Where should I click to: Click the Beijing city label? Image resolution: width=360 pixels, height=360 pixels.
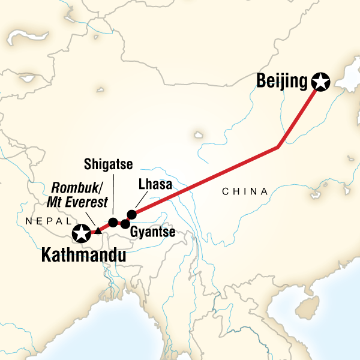click(x=281, y=80)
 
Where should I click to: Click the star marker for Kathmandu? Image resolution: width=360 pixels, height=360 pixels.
click(x=80, y=233)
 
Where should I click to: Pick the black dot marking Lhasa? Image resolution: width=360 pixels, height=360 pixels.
click(x=133, y=214)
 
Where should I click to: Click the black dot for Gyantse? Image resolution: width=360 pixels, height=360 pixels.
click(x=125, y=224)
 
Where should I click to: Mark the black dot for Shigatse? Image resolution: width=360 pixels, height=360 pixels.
click(x=113, y=222)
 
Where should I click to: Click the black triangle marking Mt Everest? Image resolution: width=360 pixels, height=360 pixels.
click(x=98, y=231)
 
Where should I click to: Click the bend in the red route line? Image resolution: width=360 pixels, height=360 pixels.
click(x=277, y=147)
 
